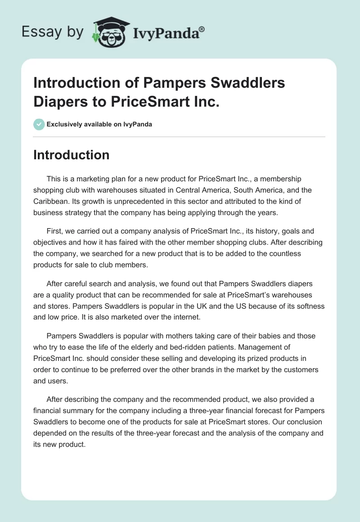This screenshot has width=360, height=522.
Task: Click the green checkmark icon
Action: click(x=39, y=124)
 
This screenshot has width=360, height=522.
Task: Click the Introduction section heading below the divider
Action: click(x=72, y=155)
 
